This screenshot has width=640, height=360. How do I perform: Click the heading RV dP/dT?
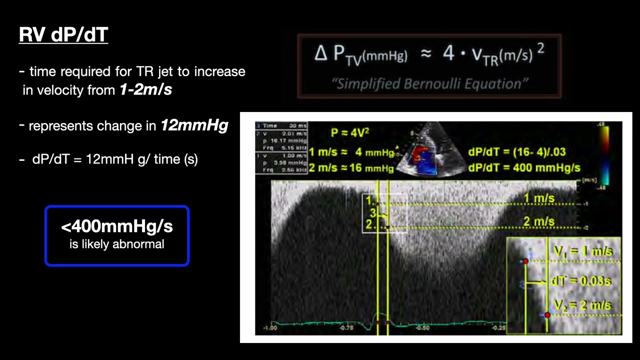click(63, 34)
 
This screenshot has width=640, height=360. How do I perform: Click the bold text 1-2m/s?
click(145, 90)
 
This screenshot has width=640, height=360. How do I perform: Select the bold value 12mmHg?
click(194, 125)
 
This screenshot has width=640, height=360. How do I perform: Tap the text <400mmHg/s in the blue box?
click(117, 226)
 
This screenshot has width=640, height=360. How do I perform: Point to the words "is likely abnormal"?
click(117, 244)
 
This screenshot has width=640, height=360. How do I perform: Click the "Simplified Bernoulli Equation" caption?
click(429, 83)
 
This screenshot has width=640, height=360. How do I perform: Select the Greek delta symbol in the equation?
click(320, 53)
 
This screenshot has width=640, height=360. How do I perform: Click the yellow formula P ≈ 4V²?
click(350, 133)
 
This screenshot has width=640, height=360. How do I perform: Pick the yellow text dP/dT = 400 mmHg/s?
click(517, 167)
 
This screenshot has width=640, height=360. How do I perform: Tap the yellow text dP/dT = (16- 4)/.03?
click(517, 152)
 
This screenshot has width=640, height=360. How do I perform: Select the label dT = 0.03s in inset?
click(580, 281)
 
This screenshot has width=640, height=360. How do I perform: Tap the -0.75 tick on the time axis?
click(346, 328)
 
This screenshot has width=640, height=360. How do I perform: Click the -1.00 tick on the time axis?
click(270, 328)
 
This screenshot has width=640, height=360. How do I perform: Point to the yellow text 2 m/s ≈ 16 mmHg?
click(351, 167)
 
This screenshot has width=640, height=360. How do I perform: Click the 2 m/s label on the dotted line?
click(538, 221)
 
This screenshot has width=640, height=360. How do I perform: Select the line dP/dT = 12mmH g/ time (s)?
click(115, 159)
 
